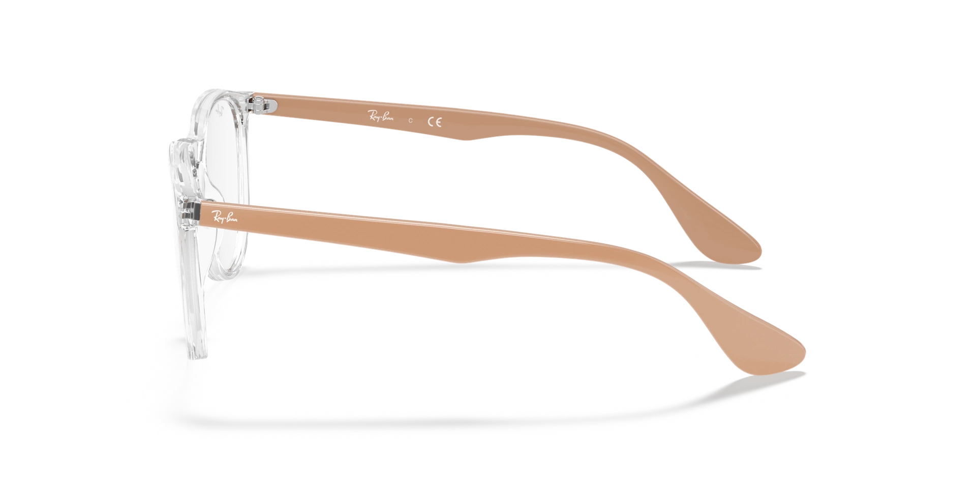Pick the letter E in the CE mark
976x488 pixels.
tap(438, 122)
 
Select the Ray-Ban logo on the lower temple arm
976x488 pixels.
tap(225, 217)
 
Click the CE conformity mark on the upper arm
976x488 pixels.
tap(434, 122)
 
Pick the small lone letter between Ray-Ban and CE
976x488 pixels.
tap(410, 121)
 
